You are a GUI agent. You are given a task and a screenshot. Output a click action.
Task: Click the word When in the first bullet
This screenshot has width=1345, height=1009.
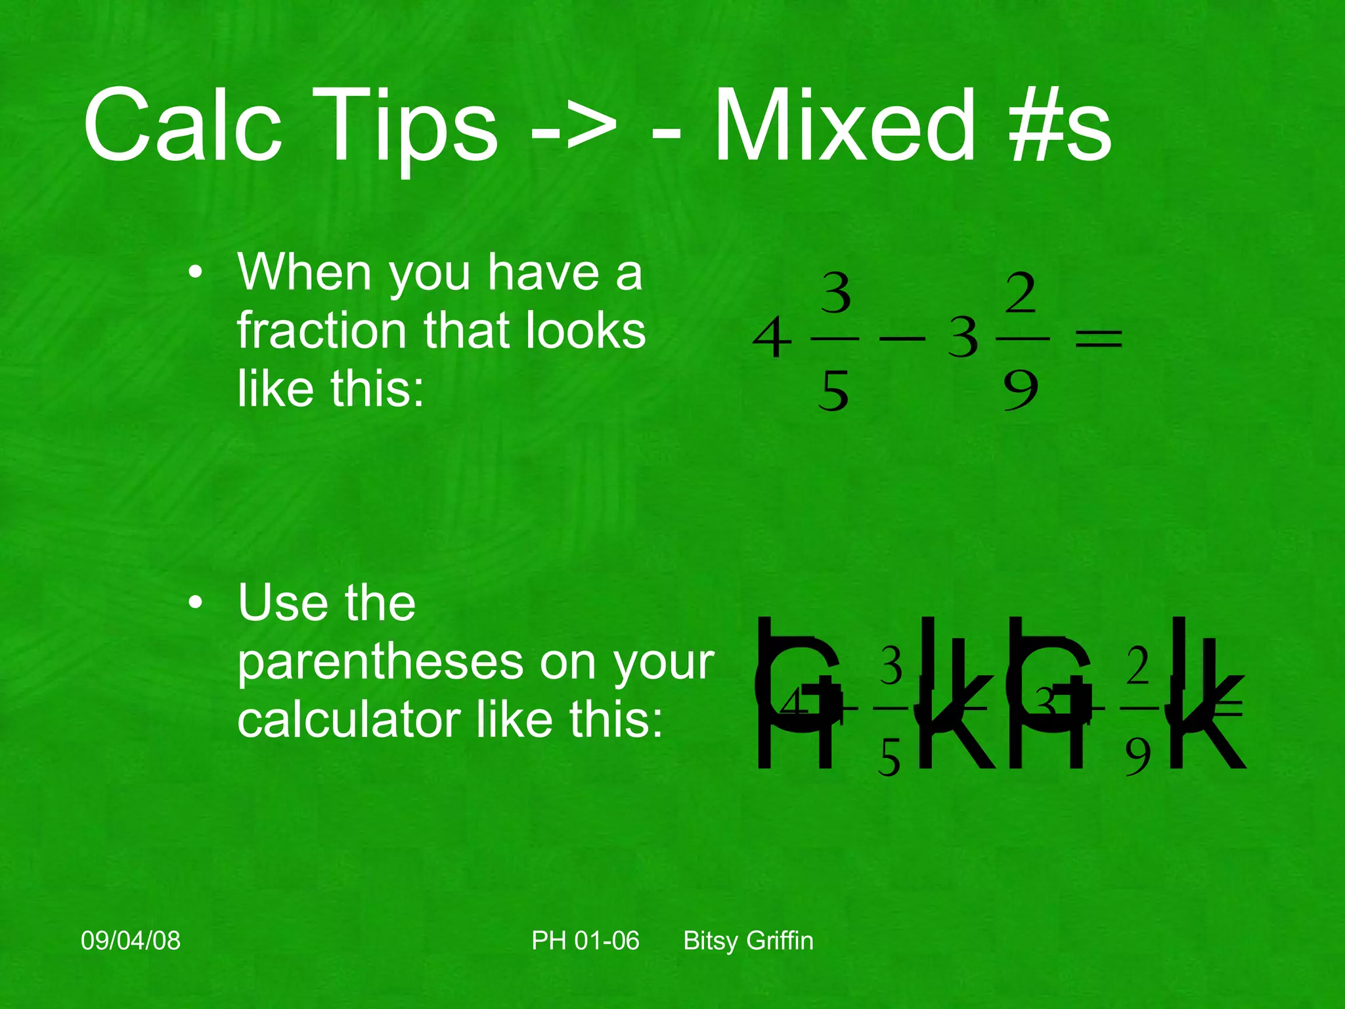point(305,272)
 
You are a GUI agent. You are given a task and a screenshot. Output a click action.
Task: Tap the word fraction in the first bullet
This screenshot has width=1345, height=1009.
point(320,330)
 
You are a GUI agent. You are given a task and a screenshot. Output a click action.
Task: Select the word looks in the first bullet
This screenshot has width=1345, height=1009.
point(581,330)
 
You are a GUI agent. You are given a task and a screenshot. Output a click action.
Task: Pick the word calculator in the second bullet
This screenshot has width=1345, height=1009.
point(349,720)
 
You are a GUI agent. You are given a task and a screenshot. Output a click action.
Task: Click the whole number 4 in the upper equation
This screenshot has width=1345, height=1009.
point(772,338)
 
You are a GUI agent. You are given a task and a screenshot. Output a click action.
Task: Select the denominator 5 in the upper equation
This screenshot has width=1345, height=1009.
point(834,390)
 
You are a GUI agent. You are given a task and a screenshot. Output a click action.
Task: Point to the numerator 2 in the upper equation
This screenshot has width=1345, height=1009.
point(1021,295)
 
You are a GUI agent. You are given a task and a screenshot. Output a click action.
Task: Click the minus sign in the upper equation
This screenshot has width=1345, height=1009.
point(902,339)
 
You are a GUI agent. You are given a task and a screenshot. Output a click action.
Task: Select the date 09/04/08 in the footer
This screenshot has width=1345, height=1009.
point(131,941)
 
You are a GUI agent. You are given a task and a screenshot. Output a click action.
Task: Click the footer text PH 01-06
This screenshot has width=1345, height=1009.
point(585,941)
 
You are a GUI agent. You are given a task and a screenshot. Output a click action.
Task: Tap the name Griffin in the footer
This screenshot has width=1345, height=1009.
point(780,941)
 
